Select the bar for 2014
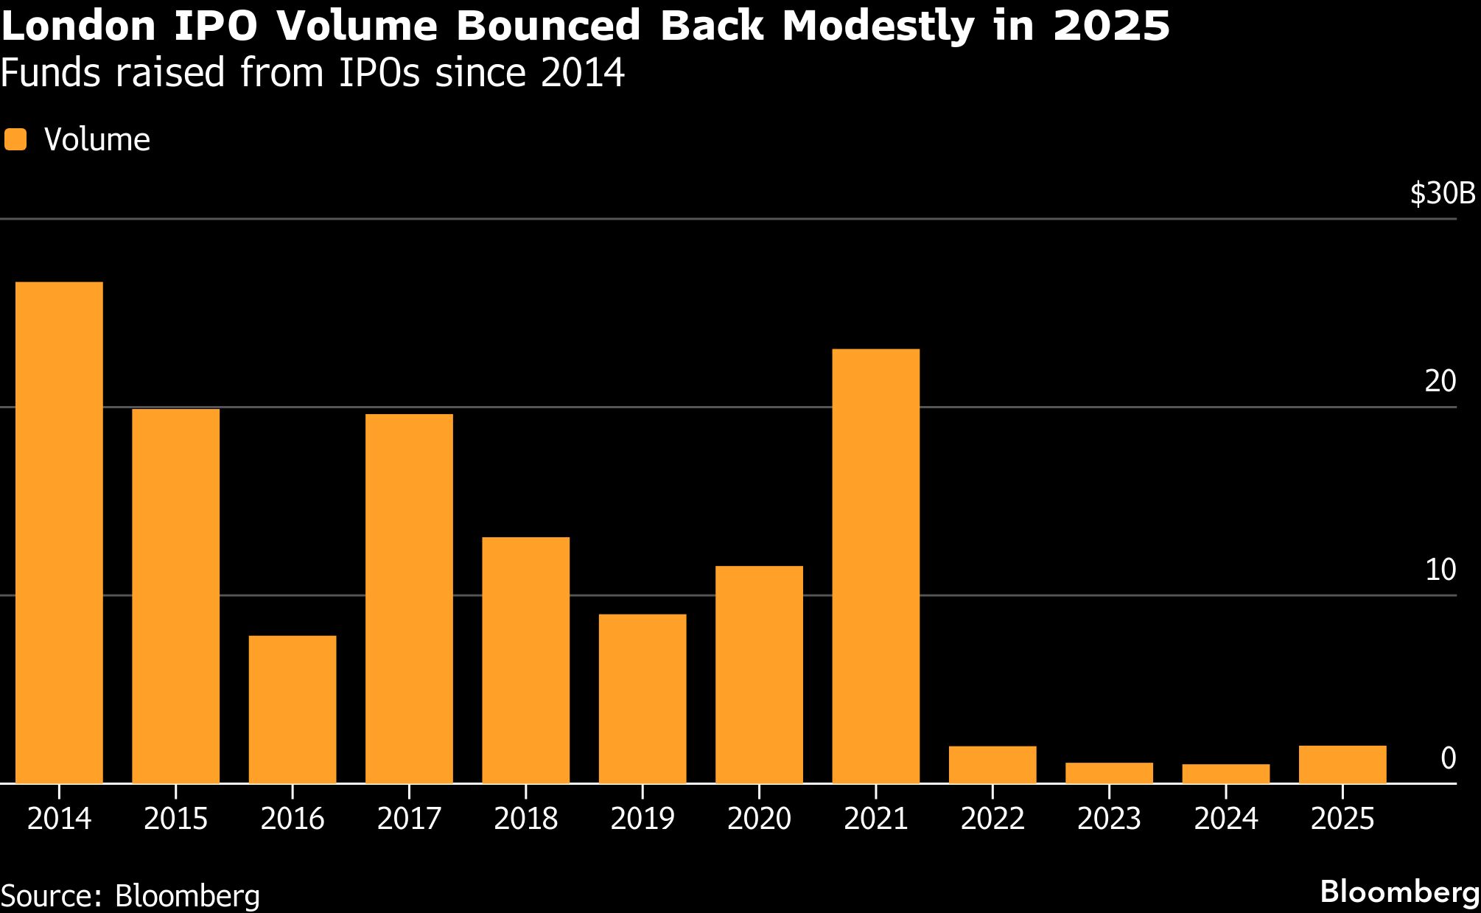coord(59,532)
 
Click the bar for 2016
coord(293,709)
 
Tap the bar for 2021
coord(875,565)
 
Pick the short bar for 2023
coord(1109,773)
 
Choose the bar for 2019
coord(643,698)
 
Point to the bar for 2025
coord(1342,764)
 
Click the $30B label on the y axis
coord(1443,194)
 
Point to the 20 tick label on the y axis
coord(1440,382)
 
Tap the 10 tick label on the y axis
coord(1440,570)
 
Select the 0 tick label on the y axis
coord(1448,758)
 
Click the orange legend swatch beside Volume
coord(15,139)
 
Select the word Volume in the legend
coord(97,139)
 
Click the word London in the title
coord(79,27)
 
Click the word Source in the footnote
coord(50,896)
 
